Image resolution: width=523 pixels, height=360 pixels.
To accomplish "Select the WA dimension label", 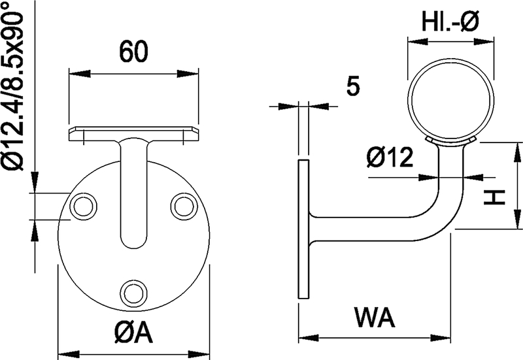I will tap(375, 319).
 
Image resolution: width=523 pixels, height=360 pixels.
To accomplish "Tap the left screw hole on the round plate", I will tap(83, 206).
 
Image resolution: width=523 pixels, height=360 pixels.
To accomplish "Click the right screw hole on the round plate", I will tap(182, 206).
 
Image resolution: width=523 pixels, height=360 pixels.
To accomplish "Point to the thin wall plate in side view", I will tap(303, 229).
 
